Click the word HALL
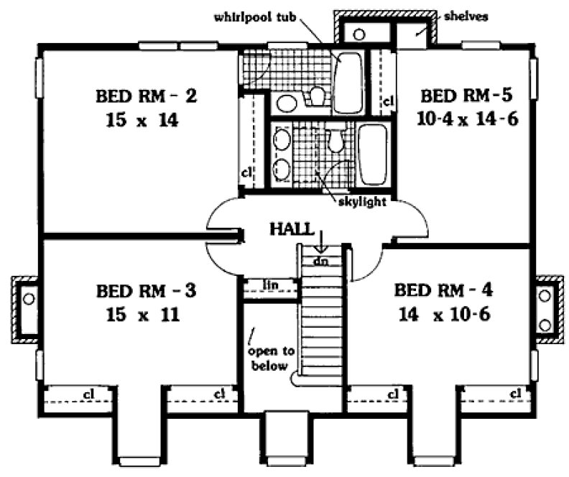[x=291, y=229]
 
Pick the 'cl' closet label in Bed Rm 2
[x=246, y=172]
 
